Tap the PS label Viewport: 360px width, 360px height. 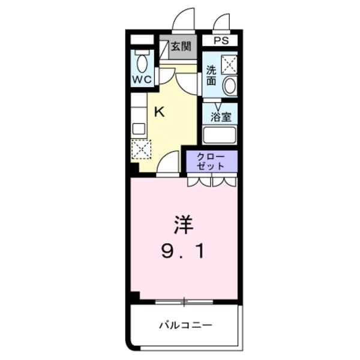[x=220, y=41]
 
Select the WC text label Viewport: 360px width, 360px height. [x=142, y=79]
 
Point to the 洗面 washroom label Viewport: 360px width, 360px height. [x=211, y=74]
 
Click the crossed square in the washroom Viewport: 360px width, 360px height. [x=228, y=63]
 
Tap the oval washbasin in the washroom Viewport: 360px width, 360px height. [x=229, y=86]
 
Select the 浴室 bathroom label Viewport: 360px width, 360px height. [x=220, y=116]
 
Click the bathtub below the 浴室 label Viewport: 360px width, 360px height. [x=220, y=134]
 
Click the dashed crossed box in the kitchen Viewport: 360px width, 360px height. [x=141, y=149]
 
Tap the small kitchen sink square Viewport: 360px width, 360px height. [x=139, y=128]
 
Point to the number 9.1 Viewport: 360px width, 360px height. [x=183, y=251]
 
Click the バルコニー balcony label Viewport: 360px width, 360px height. [x=185, y=325]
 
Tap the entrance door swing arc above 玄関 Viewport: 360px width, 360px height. [x=184, y=20]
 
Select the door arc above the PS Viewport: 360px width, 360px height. [x=223, y=23]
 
